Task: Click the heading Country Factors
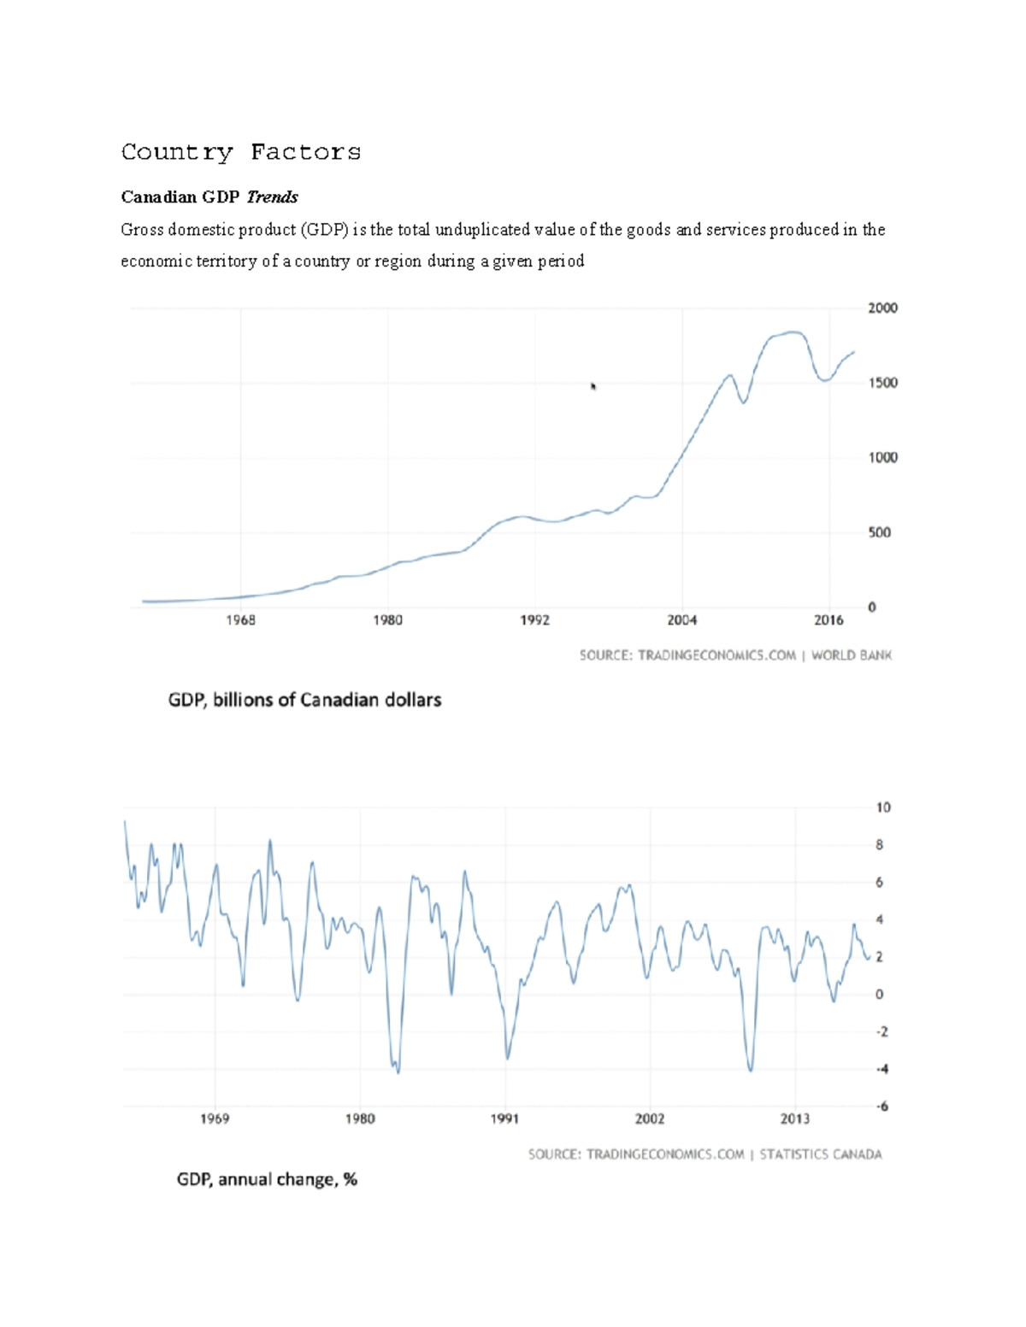click(x=240, y=152)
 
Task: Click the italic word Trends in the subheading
click(x=272, y=197)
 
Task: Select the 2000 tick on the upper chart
click(x=882, y=308)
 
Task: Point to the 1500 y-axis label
click(x=882, y=383)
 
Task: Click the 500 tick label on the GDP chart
click(x=879, y=532)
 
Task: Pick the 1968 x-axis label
click(x=240, y=620)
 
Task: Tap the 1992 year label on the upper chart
click(x=534, y=620)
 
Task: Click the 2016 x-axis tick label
click(x=828, y=620)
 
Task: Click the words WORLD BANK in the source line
click(x=851, y=655)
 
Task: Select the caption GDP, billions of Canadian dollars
click(x=304, y=700)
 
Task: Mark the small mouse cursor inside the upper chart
click(x=593, y=386)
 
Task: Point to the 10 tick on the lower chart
click(x=882, y=807)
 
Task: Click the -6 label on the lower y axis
click(x=882, y=1107)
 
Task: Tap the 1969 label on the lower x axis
click(x=215, y=1119)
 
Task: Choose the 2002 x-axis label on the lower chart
click(x=649, y=1119)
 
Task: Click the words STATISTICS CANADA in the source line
click(x=820, y=1154)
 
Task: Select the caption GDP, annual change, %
click(x=267, y=1179)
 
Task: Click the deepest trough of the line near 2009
click(x=751, y=1070)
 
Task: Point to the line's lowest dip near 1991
click(x=507, y=1059)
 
